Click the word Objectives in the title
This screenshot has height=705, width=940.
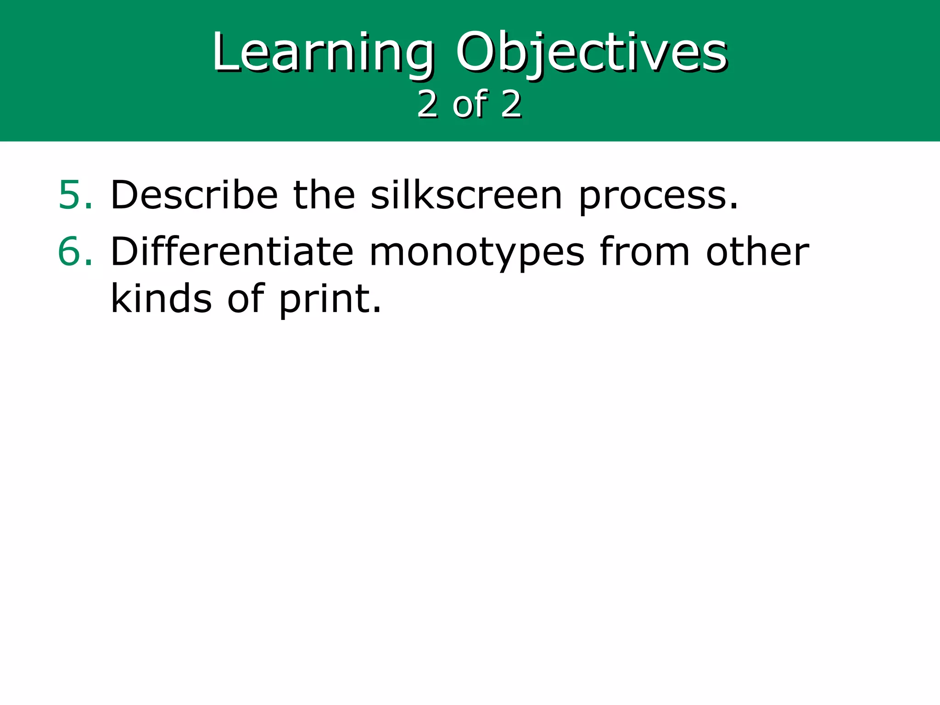click(x=591, y=52)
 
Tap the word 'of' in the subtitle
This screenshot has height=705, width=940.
click(x=470, y=105)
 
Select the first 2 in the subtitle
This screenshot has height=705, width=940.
click(x=428, y=105)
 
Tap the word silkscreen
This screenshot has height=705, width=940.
click(x=466, y=196)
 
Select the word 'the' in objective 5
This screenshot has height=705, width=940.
click(x=324, y=196)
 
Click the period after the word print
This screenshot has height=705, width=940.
click(x=377, y=310)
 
